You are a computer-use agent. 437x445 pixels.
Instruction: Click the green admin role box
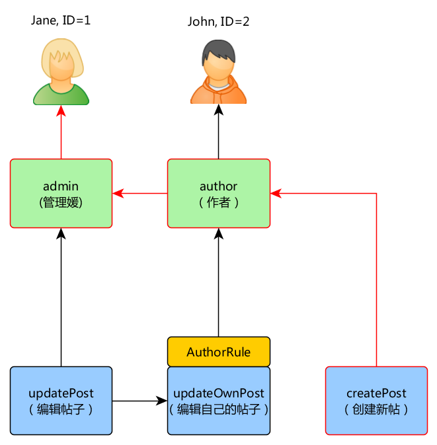coord(61,194)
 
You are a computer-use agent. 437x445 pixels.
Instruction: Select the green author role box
coord(218,194)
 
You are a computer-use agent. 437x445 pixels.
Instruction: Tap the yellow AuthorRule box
coord(219,352)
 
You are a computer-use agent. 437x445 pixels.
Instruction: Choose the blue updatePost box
coord(61,401)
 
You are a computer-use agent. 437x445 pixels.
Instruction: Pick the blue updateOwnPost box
coord(219,401)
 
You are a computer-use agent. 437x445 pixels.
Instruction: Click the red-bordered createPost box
coord(376,401)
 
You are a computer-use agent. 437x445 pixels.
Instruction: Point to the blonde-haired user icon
coord(61,73)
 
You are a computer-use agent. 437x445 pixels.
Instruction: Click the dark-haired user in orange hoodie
coord(219,73)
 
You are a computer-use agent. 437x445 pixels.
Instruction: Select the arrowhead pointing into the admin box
coord(118,194)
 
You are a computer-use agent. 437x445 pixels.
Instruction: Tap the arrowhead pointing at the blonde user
coord(61,111)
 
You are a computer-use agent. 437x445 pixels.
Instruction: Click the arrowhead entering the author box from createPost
coord(276,194)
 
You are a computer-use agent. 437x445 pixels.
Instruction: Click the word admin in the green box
coord(61,186)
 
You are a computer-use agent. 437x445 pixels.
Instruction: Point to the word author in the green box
coord(218,186)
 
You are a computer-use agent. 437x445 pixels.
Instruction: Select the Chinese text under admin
coord(61,202)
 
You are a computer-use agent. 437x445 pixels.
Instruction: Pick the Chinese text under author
coord(219,202)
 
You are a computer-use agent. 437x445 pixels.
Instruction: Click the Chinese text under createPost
coord(376,409)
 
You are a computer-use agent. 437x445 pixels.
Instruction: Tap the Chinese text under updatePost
coord(61,409)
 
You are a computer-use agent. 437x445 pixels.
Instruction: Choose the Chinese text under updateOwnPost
coord(219,409)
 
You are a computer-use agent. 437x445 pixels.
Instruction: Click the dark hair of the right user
coord(219,49)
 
